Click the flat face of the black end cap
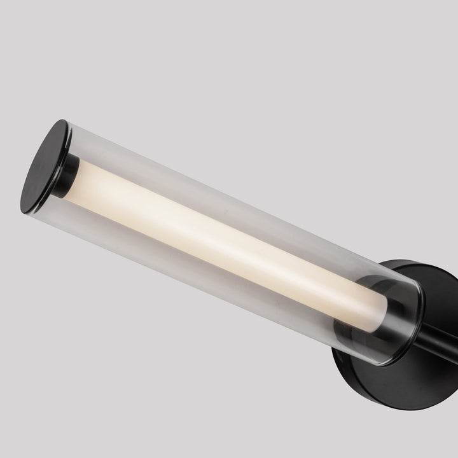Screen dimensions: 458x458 click(43, 167)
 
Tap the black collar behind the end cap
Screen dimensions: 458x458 click(68, 176)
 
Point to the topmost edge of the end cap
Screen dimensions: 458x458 click(62, 120)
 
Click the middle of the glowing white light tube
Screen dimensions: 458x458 click(223, 242)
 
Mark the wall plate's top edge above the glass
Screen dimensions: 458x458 click(413, 263)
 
